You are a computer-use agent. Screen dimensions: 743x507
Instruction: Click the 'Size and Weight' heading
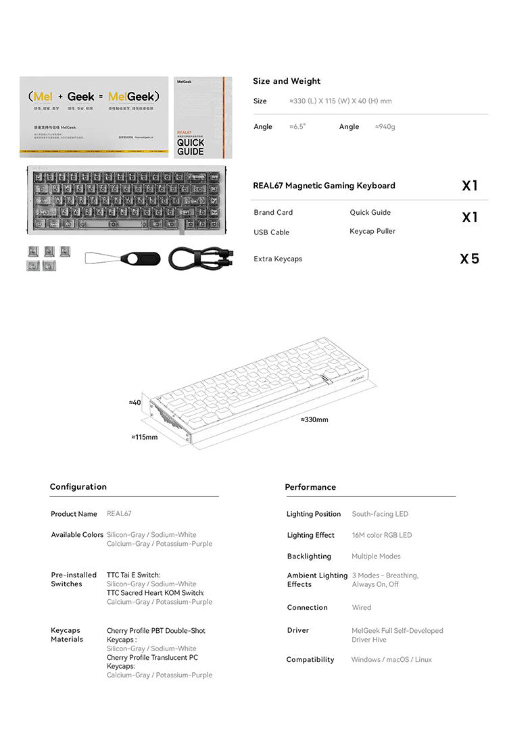287,81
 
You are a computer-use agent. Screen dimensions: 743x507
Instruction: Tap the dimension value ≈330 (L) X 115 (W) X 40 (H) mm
340,101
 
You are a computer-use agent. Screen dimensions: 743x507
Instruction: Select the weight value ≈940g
385,127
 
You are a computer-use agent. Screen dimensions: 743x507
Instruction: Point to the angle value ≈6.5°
297,127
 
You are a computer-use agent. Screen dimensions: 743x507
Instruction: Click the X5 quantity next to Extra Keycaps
469,259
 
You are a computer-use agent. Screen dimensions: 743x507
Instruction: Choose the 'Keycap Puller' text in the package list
372,231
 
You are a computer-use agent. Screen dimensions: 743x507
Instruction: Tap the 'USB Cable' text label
271,232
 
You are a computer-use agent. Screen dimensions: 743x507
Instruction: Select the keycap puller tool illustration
123,259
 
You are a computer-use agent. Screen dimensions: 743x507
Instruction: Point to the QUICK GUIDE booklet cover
203,117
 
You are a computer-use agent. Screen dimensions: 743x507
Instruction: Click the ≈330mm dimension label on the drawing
314,420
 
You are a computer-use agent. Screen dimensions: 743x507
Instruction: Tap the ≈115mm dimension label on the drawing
144,437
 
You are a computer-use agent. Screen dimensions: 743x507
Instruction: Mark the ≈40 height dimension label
135,403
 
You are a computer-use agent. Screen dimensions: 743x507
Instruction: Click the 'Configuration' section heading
78,487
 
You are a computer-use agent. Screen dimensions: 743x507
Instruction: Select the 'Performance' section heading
310,487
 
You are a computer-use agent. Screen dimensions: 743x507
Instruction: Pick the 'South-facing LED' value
380,514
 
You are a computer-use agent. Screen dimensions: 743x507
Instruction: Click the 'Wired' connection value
361,608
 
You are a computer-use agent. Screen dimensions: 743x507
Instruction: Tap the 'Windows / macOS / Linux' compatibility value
391,660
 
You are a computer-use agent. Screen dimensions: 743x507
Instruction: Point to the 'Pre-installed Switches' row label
74,580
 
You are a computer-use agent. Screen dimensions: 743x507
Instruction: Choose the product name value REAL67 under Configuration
119,514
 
